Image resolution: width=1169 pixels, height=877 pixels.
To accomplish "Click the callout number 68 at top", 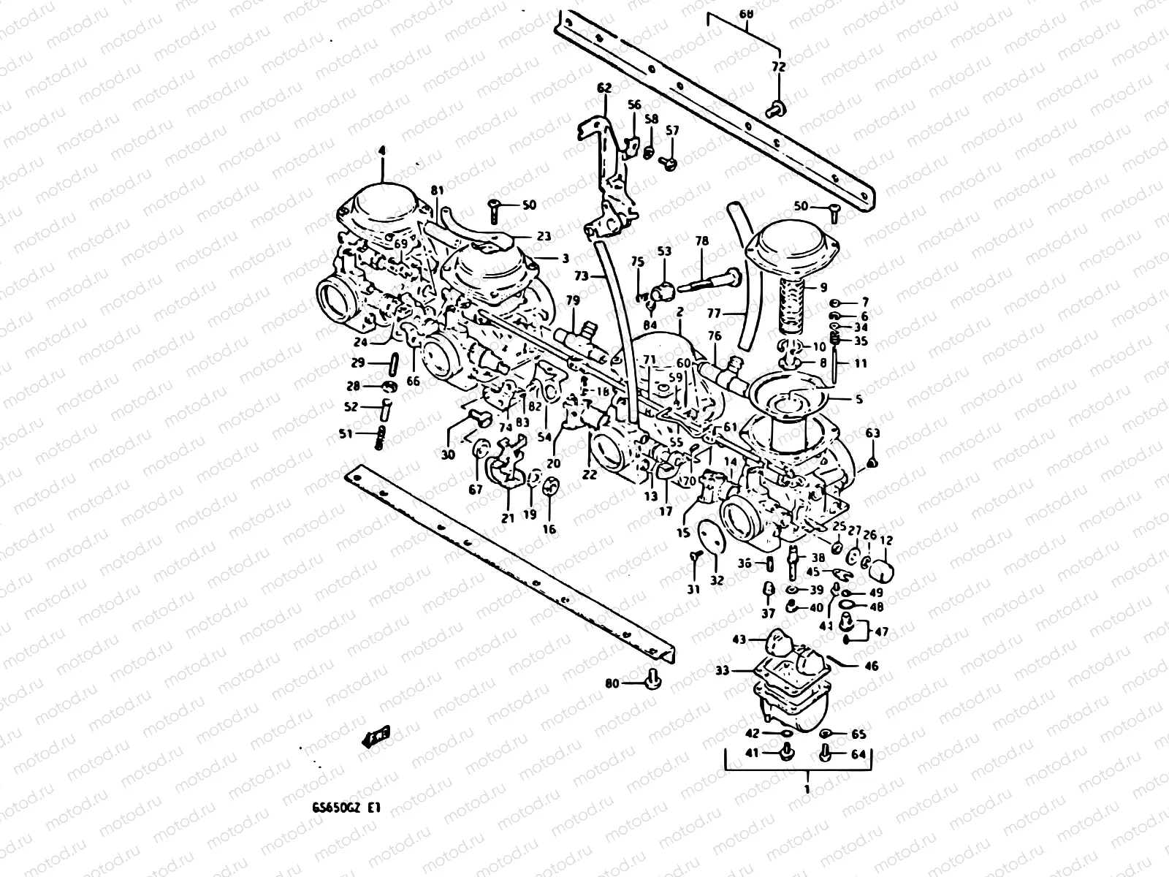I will (x=745, y=13).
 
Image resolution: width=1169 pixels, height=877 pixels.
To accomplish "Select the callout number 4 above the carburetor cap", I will (x=381, y=151).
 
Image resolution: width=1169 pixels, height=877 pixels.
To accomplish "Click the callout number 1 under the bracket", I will (x=807, y=789).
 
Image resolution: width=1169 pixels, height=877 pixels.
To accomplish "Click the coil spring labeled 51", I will (x=381, y=439).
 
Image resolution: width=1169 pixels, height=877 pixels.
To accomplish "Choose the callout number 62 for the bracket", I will (x=603, y=88).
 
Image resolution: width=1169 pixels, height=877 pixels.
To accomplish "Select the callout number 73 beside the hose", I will (x=581, y=276).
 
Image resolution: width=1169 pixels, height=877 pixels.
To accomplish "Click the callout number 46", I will (x=871, y=667).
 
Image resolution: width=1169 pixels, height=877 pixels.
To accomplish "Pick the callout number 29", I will (x=357, y=362).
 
